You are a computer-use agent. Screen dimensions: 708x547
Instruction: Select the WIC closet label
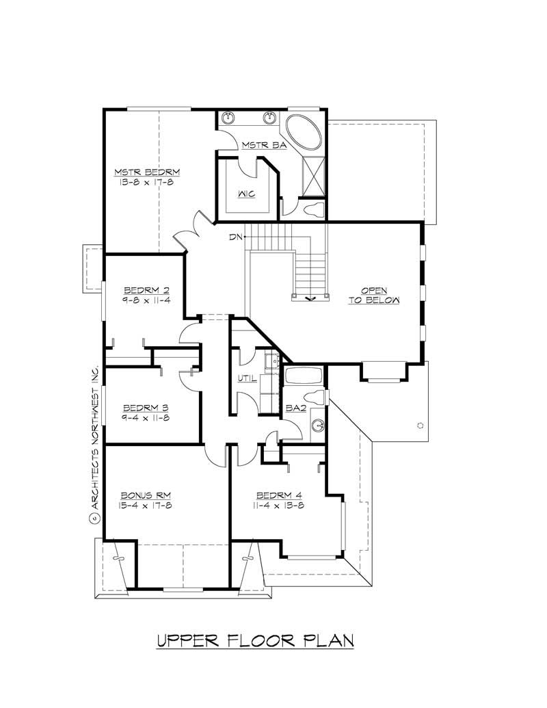(x=247, y=194)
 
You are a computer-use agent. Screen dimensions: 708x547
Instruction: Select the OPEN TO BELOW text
(x=373, y=295)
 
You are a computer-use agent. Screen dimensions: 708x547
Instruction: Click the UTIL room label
(x=247, y=378)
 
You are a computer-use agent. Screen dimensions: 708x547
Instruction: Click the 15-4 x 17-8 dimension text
(x=141, y=506)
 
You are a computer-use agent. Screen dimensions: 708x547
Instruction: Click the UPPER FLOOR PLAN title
(x=255, y=641)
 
